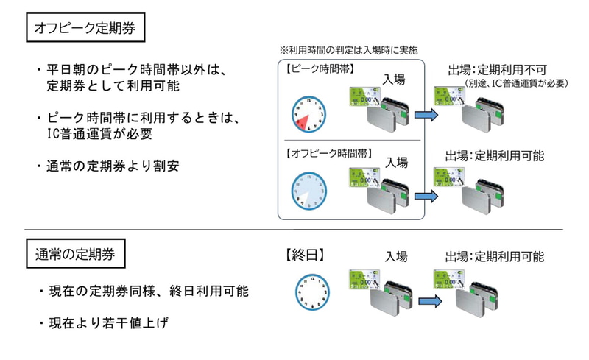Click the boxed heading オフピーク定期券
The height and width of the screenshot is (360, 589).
[x=83, y=31]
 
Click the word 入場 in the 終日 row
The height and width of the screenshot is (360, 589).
[x=395, y=257]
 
